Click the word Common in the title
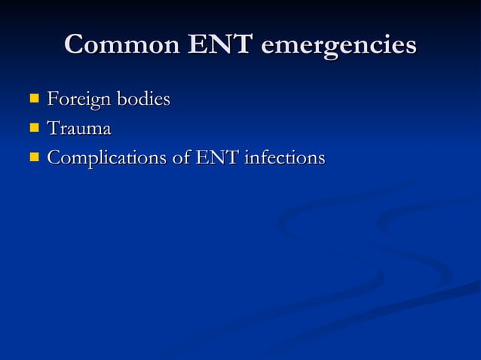coord(122,44)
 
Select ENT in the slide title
coord(221,44)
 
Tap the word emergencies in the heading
coord(339,45)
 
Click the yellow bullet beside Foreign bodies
coord(33,98)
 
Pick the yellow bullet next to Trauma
coord(33,128)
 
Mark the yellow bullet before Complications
coord(33,158)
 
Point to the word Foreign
coord(76,99)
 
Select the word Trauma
coord(79,129)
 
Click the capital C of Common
coord(75,44)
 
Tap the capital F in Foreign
coord(53,99)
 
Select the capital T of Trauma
coord(54,129)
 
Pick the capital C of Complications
coord(54,159)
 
